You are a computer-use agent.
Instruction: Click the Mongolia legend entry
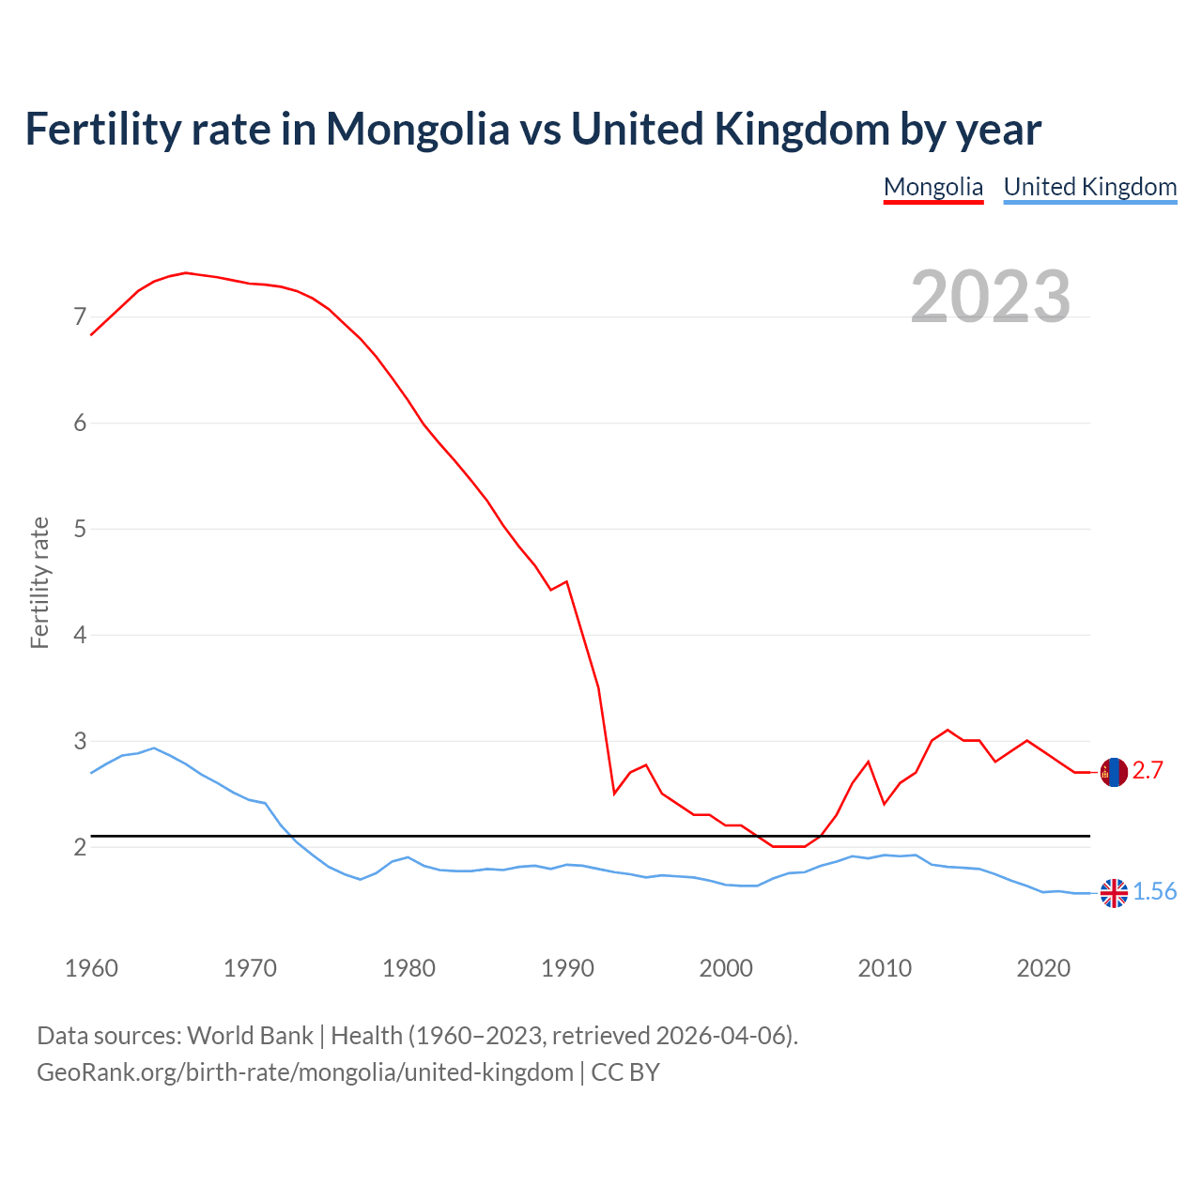click(x=932, y=187)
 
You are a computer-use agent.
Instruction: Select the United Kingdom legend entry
click(x=1089, y=187)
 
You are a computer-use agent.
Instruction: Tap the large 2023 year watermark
click(x=991, y=297)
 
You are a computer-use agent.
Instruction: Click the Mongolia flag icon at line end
click(x=1114, y=772)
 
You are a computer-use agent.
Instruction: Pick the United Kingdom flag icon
click(x=1114, y=893)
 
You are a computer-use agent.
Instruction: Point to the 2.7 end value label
click(x=1148, y=771)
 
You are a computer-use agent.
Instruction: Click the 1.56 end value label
click(x=1154, y=892)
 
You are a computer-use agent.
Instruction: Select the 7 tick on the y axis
click(x=80, y=317)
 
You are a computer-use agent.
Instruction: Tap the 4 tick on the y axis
click(x=80, y=636)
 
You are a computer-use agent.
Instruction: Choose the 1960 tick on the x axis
click(x=91, y=968)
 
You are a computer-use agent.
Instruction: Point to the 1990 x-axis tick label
click(x=567, y=968)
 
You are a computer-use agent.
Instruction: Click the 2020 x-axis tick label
click(x=1043, y=968)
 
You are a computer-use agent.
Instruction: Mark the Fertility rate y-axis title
click(x=39, y=582)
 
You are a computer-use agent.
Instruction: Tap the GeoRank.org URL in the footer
click(x=304, y=1072)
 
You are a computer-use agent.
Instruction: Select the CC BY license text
click(x=625, y=1072)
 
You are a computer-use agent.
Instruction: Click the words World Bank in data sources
click(x=250, y=1036)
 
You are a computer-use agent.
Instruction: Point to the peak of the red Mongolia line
click(x=186, y=272)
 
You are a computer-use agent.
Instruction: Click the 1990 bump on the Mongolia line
click(x=566, y=581)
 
